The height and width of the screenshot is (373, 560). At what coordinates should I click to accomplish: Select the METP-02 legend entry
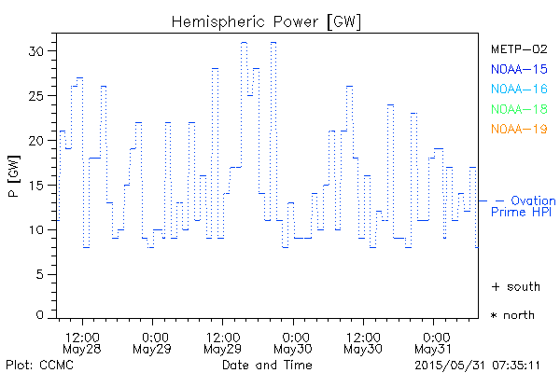[x=518, y=48]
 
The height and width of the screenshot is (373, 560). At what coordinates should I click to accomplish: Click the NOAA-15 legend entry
[x=518, y=68]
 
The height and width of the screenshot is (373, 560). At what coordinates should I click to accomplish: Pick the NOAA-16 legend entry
[x=518, y=89]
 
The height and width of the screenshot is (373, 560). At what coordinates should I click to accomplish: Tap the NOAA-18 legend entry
[x=518, y=108]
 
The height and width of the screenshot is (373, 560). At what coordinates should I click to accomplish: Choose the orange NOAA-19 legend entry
[x=518, y=128]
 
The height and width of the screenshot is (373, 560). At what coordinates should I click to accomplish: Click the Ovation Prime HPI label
[x=525, y=206]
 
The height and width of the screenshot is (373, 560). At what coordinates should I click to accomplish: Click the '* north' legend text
[x=512, y=315]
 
